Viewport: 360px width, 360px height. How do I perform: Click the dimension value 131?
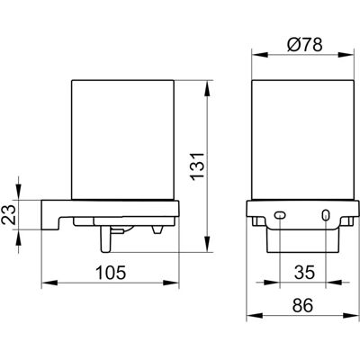coord(198,166)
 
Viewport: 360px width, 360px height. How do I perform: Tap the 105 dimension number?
coord(111,273)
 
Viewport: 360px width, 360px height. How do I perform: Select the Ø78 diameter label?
coord(305,45)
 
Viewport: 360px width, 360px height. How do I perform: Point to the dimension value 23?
coord(8,214)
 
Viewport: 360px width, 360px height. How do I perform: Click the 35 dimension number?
coord(304,273)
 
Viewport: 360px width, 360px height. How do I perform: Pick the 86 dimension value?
coord(302,305)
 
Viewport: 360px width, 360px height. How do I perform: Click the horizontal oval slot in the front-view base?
coord(280,215)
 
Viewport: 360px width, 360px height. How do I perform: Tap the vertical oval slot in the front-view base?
coord(326,215)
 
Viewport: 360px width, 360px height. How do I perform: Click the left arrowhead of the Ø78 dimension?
coord(259,55)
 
